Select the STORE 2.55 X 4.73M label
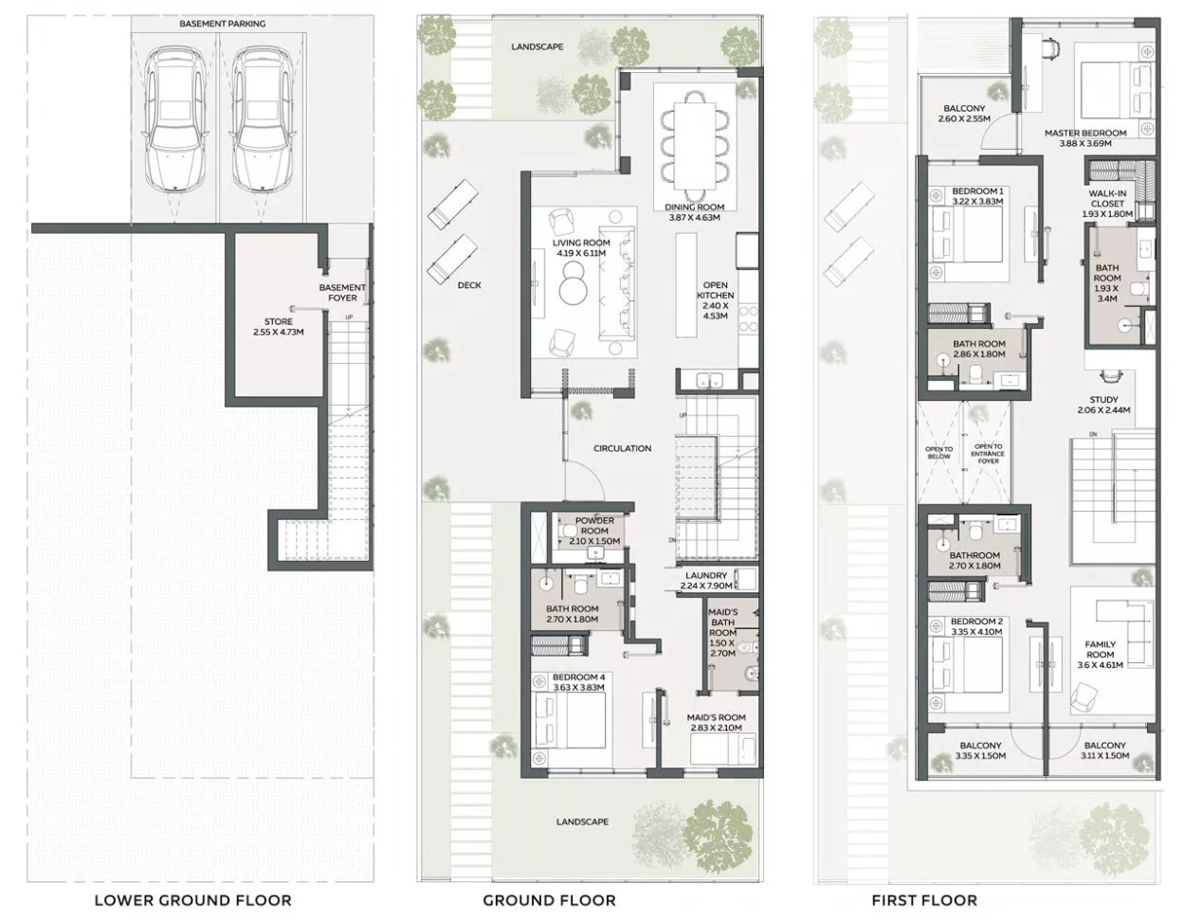(279, 327)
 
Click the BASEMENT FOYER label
(342, 293)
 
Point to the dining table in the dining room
(695, 146)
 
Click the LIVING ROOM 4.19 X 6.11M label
(581, 247)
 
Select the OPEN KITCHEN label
(715, 290)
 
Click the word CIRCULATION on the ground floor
(622, 448)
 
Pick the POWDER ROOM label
(594, 525)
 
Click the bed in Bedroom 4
(570, 721)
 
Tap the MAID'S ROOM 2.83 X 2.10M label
(716, 722)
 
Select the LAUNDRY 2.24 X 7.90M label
(706, 580)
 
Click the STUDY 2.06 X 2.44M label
(1104, 405)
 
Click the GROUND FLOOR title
(549, 900)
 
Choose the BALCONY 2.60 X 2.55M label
(964, 114)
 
